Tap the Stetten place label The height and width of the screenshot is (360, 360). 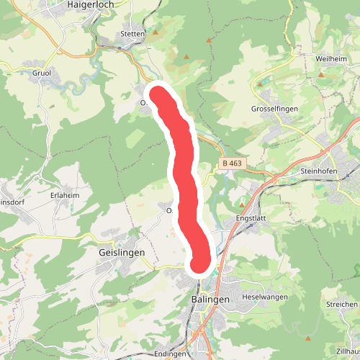(133, 34)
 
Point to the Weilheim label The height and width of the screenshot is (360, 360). (332, 58)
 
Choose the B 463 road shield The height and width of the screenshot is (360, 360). (233, 163)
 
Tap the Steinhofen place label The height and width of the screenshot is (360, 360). (320, 172)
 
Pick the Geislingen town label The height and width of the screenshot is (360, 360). (122, 253)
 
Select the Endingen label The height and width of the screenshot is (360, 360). (171, 354)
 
